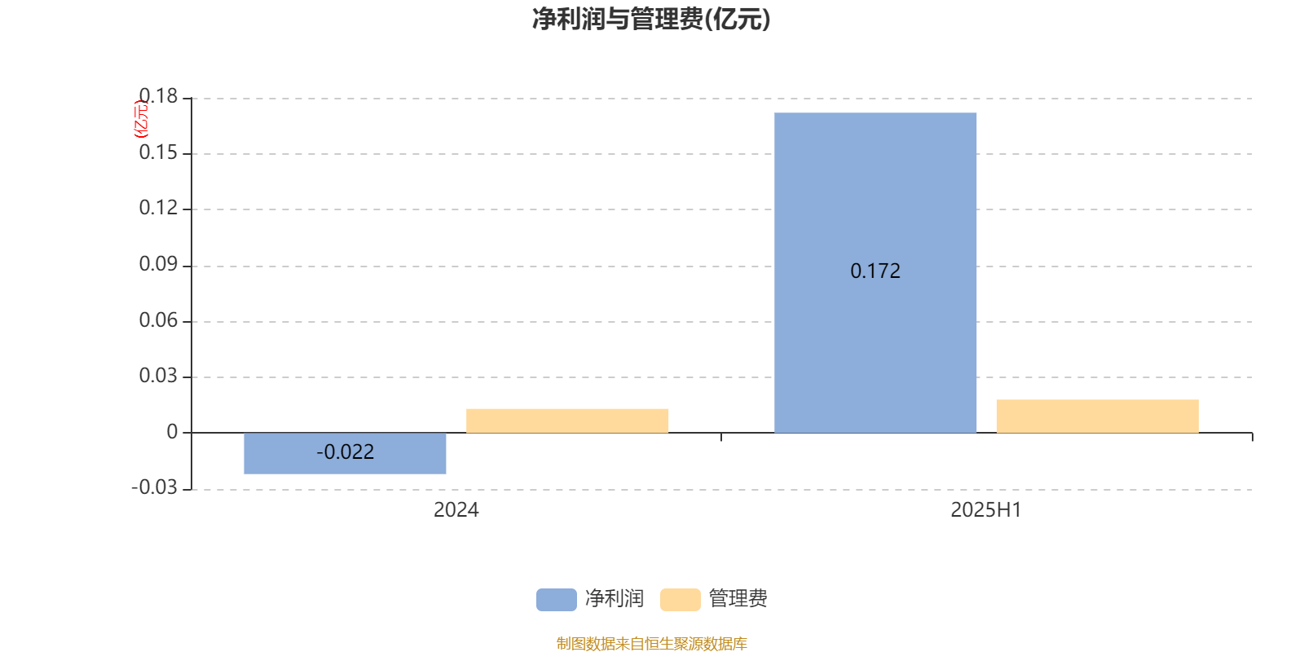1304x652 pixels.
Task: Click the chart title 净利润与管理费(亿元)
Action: click(651, 20)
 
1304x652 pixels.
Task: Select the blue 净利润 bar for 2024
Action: click(346, 453)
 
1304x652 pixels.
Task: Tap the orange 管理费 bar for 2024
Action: click(567, 421)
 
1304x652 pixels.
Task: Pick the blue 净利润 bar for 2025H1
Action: click(875, 272)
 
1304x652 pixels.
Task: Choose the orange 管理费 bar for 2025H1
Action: click(1097, 416)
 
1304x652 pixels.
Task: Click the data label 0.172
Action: click(875, 271)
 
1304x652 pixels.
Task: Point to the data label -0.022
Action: click(346, 452)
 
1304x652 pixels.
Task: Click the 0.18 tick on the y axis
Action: click(158, 96)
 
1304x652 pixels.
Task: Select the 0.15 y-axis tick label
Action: click(158, 152)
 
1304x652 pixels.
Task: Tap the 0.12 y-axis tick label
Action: click(158, 208)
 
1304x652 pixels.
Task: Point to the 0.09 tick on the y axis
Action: click(158, 264)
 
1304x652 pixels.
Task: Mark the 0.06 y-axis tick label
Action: click(158, 320)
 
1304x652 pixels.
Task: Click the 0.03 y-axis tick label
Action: click(158, 376)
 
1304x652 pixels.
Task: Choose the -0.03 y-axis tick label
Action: click(154, 487)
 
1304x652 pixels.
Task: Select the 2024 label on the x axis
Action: click(456, 510)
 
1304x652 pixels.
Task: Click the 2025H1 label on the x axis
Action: click(986, 510)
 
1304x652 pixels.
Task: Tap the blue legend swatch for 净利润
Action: click(557, 600)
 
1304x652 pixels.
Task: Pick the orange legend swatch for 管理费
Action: click(680, 600)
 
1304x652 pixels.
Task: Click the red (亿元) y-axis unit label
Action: click(141, 119)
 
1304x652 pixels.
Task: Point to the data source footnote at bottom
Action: click(651, 643)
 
